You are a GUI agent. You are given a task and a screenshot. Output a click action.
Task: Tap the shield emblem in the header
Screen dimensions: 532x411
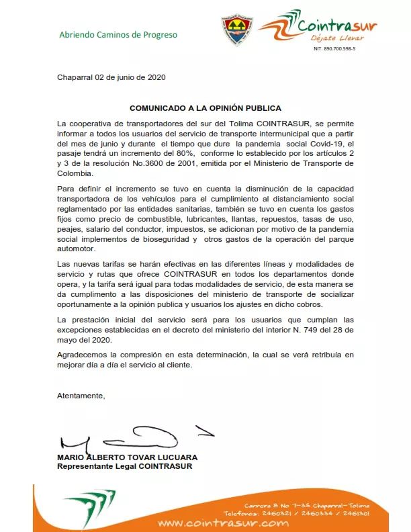click(x=236, y=30)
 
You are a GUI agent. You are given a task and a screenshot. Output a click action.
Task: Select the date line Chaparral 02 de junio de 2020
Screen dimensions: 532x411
click(x=111, y=77)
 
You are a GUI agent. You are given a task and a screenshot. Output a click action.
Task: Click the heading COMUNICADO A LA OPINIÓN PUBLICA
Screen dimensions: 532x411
click(x=205, y=107)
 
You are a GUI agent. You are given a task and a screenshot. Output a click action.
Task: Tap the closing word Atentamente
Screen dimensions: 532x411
click(x=81, y=396)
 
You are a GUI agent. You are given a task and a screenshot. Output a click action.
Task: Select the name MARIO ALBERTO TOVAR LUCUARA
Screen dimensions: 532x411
click(x=128, y=457)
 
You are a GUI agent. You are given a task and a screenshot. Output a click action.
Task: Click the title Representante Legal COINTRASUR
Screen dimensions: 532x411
click(x=124, y=467)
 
